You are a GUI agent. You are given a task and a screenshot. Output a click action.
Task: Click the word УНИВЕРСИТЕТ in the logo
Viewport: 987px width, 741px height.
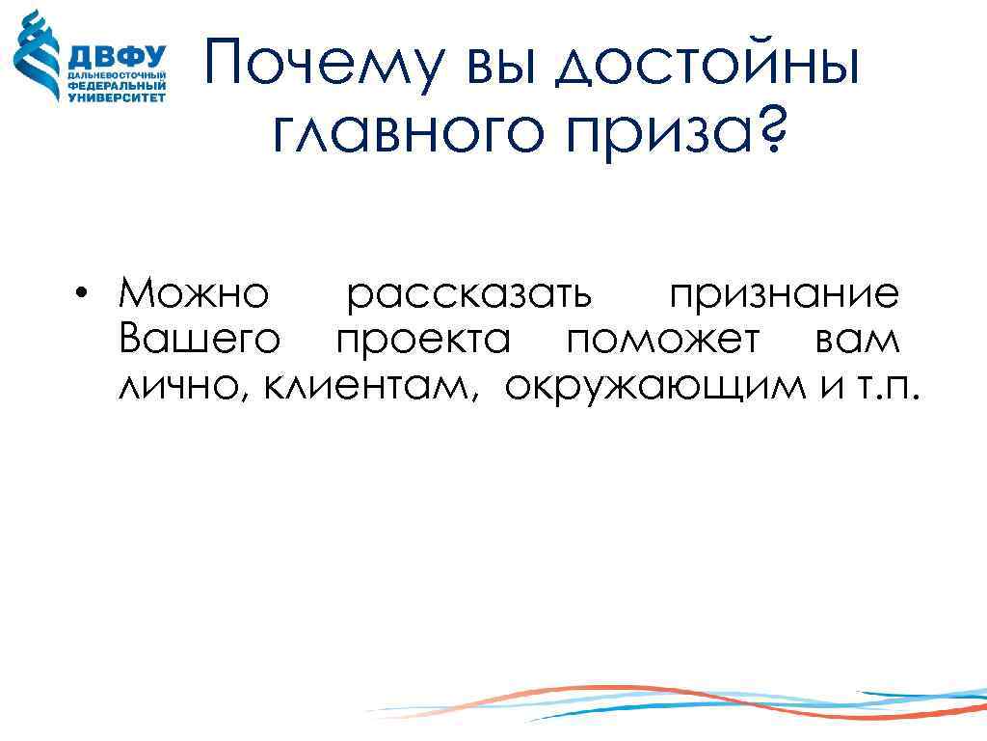(117, 96)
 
